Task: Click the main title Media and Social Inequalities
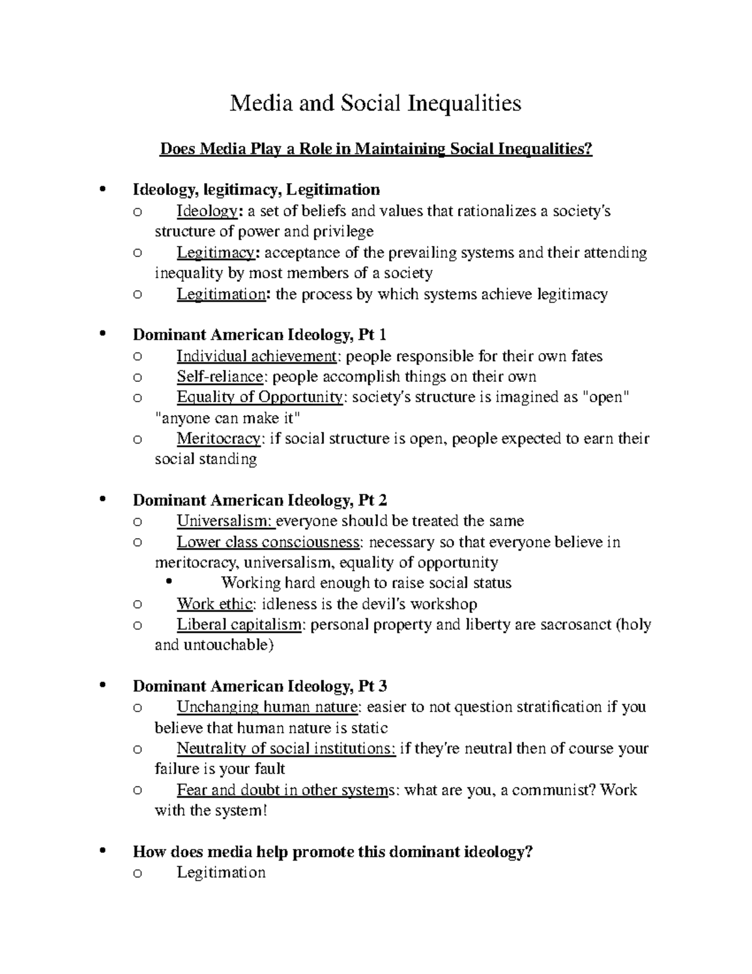click(x=375, y=102)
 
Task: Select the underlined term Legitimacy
click(x=216, y=253)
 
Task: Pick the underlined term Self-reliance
click(x=220, y=377)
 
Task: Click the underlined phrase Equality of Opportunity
click(x=259, y=398)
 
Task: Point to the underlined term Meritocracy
click(x=218, y=438)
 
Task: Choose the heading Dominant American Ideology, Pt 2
click(x=260, y=500)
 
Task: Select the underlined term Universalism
click(x=225, y=521)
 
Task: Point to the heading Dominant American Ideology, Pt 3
click(x=260, y=686)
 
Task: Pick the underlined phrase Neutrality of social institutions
click(x=286, y=748)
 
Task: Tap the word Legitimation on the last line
click(x=221, y=872)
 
